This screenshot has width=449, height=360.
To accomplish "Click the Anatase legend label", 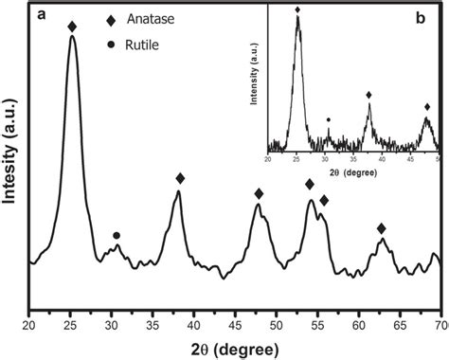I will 167,19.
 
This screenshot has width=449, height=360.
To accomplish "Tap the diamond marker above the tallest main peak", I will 72,27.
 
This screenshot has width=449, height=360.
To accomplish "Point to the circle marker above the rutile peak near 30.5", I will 117,235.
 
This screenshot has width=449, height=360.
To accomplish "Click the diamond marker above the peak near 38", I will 180,178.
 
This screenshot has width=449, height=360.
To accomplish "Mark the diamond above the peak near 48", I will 259,193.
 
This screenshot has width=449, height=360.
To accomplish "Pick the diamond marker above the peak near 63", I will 381,228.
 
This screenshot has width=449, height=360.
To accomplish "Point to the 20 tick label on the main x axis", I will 29,325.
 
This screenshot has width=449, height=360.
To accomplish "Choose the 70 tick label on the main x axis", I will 440,325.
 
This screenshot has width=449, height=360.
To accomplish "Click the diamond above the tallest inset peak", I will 297,9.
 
